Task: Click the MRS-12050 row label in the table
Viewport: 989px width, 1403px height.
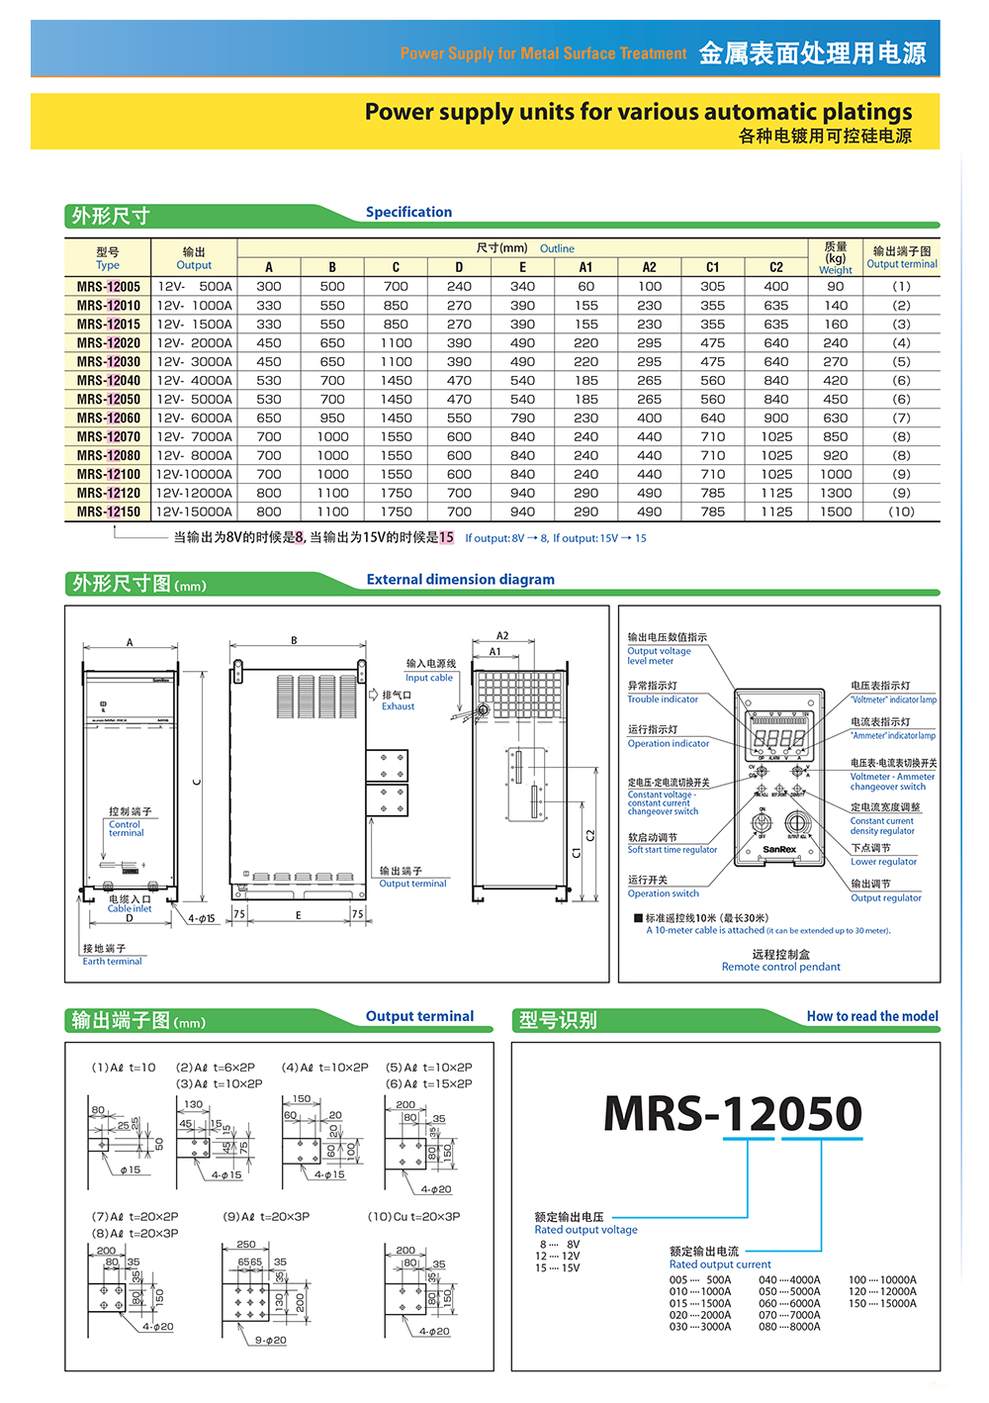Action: coord(108,399)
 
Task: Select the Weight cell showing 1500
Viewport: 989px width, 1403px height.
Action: coord(835,512)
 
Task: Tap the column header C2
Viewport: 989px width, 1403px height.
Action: coord(775,267)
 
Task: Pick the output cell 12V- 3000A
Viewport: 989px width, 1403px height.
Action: coord(194,361)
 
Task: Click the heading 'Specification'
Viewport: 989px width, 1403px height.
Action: coord(408,212)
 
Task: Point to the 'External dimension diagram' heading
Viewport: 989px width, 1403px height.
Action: coord(460,580)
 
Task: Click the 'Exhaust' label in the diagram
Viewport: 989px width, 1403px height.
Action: coord(398,706)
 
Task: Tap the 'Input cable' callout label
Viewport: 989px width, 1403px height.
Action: coord(428,678)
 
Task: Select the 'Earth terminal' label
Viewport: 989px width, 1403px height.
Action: coord(112,961)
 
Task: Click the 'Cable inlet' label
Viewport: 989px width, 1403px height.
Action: coord(130,908)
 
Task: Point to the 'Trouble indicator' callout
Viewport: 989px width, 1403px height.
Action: coord(662,700)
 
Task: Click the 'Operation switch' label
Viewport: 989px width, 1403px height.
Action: coord(663,893)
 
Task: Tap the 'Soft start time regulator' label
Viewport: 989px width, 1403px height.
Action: coord(672,850)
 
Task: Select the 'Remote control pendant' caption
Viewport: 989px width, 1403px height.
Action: coord(780,967)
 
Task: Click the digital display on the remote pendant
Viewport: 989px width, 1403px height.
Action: coord(779,738)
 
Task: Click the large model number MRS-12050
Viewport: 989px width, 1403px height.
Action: coord(732,1113)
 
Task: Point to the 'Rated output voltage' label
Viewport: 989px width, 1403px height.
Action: coord(585,1230)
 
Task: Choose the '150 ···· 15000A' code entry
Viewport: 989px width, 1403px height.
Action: coord(882,1303)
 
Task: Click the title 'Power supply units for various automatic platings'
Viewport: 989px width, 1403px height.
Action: coord(638,112)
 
